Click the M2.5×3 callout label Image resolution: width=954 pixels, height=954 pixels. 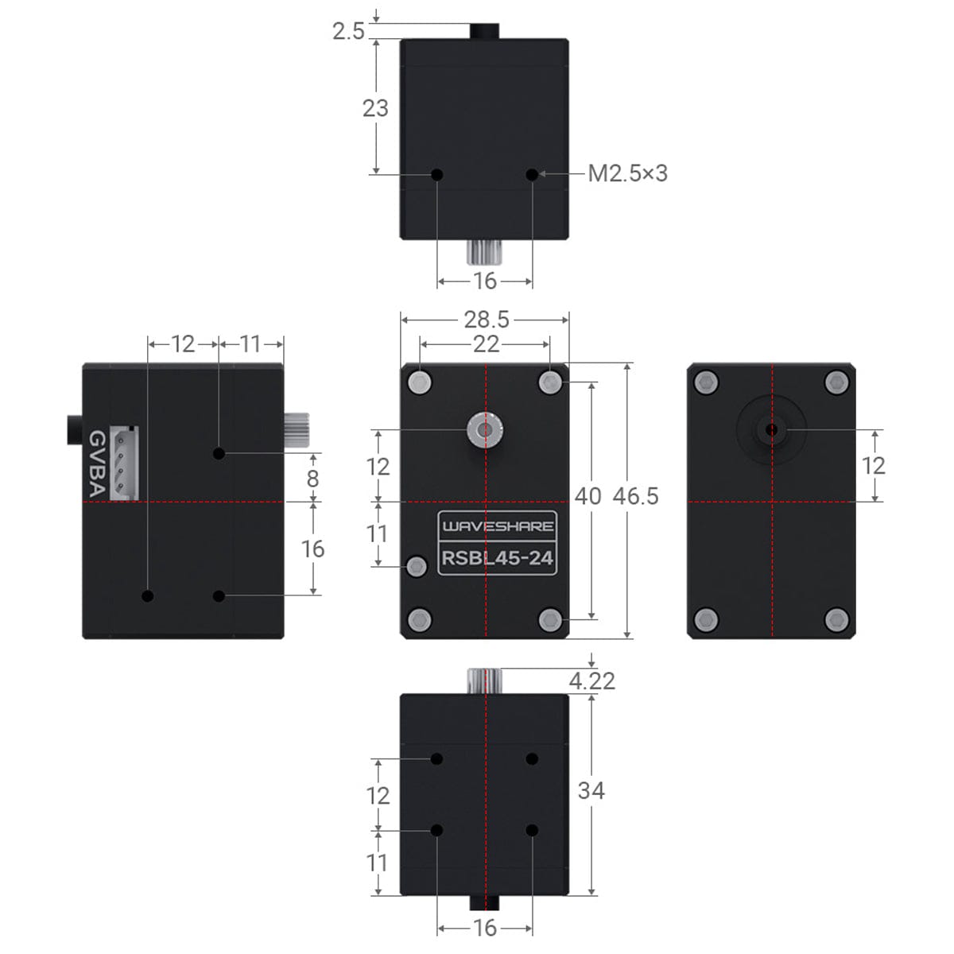[627, 173]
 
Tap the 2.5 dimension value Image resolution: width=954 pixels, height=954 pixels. [348, 31]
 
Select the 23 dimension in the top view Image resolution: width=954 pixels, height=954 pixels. [375, 107]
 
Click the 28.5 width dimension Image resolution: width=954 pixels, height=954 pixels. [486, 320]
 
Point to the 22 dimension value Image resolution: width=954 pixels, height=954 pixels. [486, 343]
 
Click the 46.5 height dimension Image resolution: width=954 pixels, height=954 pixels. [635, 496]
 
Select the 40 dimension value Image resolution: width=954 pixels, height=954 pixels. [588, 496]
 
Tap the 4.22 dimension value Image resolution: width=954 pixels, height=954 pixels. [592, 681]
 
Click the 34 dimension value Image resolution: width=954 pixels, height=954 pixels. [591, 790]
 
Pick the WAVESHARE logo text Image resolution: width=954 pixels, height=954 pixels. [498, 525]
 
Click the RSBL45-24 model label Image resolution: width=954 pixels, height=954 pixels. [498, 558]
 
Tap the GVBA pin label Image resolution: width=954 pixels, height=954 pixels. [96, 464]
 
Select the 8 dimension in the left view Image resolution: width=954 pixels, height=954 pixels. [312, 478]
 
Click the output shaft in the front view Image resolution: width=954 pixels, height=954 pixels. [485, 431]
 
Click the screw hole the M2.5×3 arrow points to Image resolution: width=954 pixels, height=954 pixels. [532, 174]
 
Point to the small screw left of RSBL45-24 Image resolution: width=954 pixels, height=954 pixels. [416, 566]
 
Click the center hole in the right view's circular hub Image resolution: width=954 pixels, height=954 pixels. [771, 430]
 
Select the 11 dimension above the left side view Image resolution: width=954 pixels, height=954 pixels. [250, 343]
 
